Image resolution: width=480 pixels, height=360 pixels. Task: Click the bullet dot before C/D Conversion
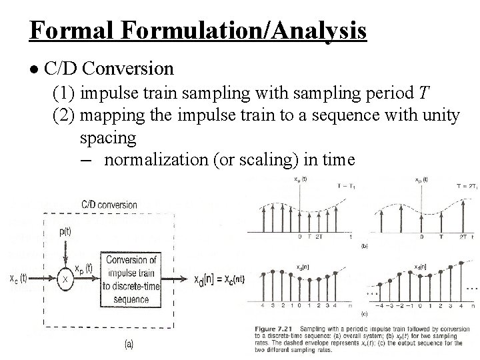click(x=34, y=69)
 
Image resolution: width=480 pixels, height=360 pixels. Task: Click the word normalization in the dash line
click(x=155, y=160)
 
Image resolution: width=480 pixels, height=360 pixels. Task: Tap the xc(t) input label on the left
click(x=17, y=279)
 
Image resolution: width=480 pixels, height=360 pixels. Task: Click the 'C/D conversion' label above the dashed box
click(x=109, y=205)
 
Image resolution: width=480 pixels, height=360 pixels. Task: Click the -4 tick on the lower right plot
click(x=382, y=307)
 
